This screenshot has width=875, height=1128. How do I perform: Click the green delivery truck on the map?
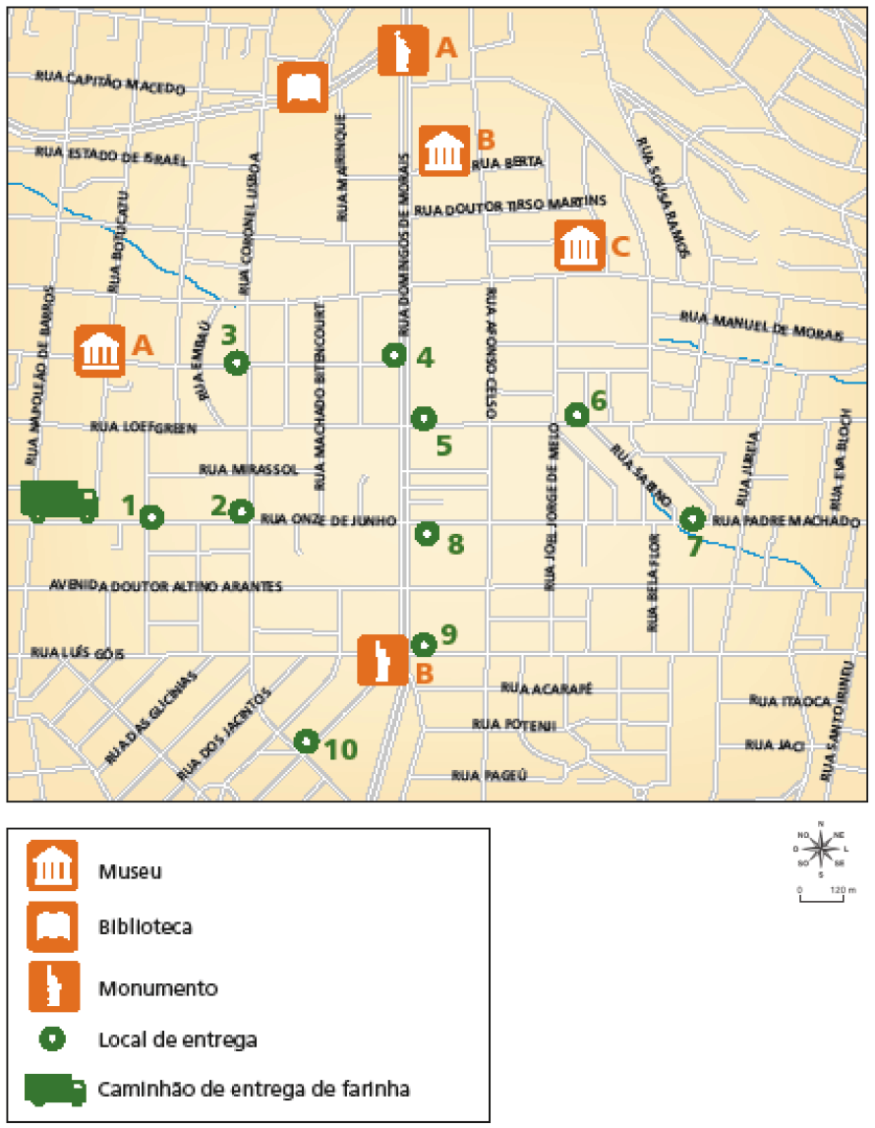(x=59, y=501)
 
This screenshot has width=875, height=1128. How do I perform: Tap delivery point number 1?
(x=151, y=516)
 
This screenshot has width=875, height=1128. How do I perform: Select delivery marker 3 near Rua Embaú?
(x=236, y=363)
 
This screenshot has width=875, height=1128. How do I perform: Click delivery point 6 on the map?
(x=577, y=415)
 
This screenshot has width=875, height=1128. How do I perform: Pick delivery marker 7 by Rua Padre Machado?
(x=693, y=518)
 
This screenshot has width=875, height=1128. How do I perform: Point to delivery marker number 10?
(x=307, y=741)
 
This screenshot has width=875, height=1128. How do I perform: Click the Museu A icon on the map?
(x=100, y=351)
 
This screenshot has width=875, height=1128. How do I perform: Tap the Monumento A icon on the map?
(x=403, y=50)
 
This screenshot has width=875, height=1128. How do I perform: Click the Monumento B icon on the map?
(x=381, y=659)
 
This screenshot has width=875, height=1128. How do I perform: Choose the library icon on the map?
(x=303, y=89)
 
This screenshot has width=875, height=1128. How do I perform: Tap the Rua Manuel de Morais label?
(x=761, y=326)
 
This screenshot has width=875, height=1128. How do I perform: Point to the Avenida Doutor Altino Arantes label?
(x=166, y=586)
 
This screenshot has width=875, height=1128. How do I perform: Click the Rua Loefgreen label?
(x=144, y=427)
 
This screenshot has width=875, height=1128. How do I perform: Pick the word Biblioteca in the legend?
(x=146, y=926)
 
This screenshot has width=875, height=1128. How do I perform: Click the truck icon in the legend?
(x=57, y=1089)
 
